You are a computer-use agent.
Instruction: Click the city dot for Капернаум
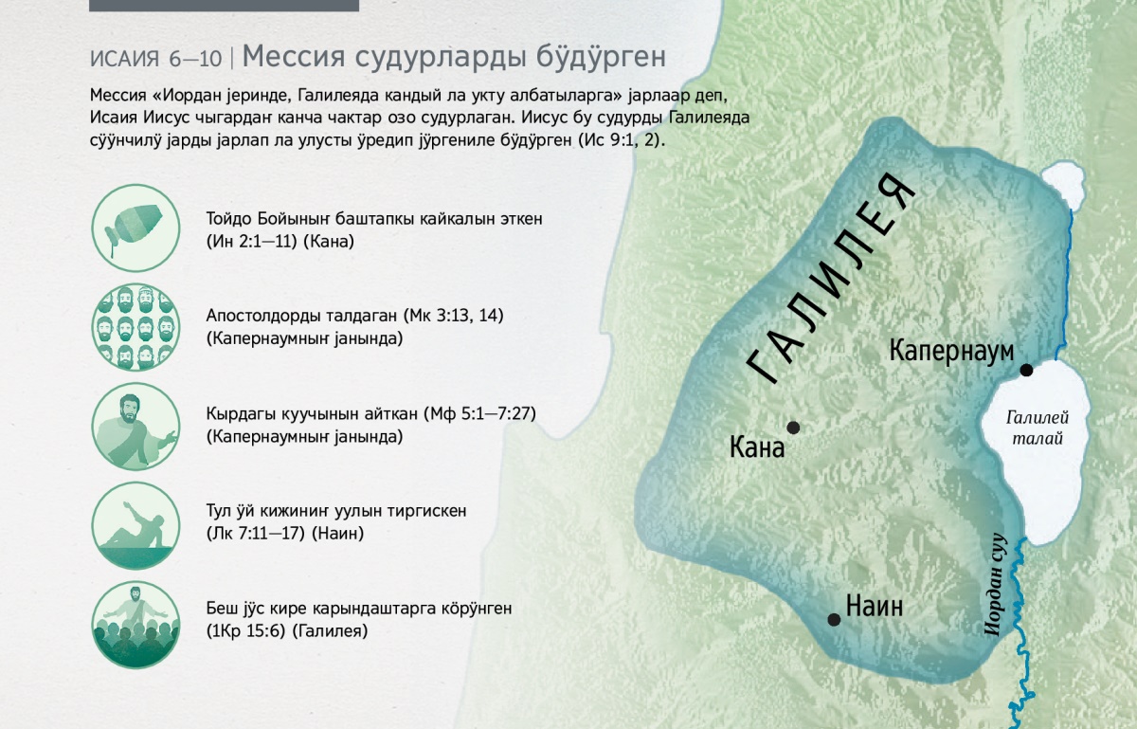(1026, 370)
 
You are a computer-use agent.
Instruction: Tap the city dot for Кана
(793, 428)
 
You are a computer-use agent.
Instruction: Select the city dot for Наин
(834, 619)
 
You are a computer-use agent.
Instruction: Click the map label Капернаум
(951, 351)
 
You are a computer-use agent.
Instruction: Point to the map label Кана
(757, 448)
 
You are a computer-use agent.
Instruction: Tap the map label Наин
(875, 607)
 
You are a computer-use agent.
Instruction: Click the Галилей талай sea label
(1037, 428)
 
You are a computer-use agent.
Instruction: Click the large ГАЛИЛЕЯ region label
(832, 279)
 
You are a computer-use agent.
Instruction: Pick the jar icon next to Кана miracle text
(135, 228)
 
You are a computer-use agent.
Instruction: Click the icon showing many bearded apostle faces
(135, 327)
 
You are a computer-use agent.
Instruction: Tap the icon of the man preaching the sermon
(135, 426)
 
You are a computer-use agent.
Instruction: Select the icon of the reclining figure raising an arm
(135, 525)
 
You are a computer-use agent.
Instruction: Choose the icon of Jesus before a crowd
(135, 625)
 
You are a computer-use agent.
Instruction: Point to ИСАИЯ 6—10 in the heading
(155, 59)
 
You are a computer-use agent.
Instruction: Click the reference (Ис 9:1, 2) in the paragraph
(622, 140)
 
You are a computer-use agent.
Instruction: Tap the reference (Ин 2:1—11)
(251, 242)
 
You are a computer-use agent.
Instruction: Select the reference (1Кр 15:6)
(245, 631)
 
